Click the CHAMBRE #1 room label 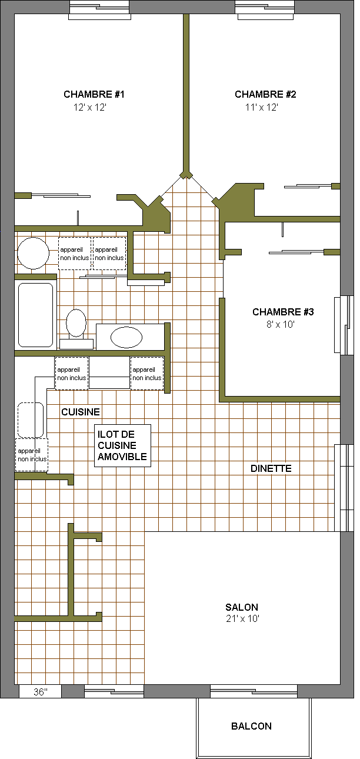(x=94, y=94)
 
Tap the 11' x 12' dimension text (x=261, y=108)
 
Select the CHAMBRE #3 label (x=283, y=312)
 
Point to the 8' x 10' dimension (x=281, y=325)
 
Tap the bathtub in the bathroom (x=35, y=315)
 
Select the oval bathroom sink (x=126, y=337)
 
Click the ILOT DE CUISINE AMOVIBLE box (x=122, y=445)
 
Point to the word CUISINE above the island (x=81, y=412)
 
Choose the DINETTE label (x=271, y=468)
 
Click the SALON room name (x=242, y=607)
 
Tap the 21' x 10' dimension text (x=242, y=619)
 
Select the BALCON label (x=251, y=726)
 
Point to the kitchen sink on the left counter (x=31, y=420)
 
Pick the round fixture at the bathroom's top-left (x=33, y=253)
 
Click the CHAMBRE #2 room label (x=265, y=94)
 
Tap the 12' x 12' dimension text (x=90, y=108)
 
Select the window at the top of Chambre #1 (x=99, y=10)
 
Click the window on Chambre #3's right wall (x=342, y=325)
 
